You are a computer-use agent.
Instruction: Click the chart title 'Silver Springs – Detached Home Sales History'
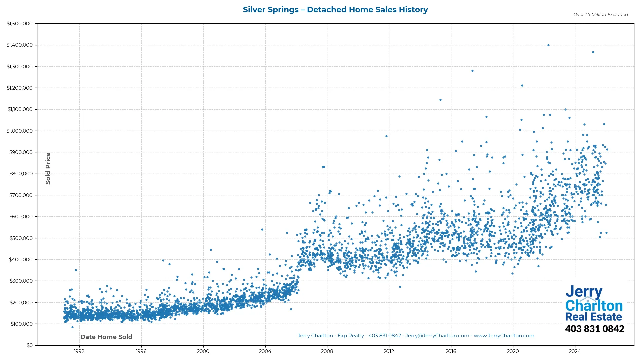tap(335, 10)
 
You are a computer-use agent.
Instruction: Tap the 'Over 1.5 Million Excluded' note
tap(600, 15)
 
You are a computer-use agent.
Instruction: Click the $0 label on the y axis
tap(30, 345)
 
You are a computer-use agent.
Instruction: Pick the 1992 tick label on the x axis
tap(79, 351)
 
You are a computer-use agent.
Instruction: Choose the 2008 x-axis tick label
tap(327, 351)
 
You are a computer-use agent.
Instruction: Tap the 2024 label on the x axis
tap(575, 351)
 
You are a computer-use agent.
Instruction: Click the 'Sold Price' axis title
tap(48, 168)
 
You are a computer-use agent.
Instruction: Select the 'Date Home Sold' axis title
tap(106, 337)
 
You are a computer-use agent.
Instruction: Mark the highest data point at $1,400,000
tap(548, 45)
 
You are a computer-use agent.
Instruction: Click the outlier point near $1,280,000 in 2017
tap(472, 71)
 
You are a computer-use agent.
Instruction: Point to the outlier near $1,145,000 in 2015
tap(440, 100)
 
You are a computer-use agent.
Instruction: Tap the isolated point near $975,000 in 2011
tap(386, 136)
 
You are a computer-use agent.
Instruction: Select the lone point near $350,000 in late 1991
tap(76, 270)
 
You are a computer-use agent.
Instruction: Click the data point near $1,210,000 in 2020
tap(522, 86)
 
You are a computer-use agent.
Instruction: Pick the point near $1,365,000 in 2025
tap(593, 52)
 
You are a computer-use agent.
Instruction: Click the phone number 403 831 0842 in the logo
tap(594, 329)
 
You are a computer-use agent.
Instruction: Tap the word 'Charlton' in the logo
tap(594, 306)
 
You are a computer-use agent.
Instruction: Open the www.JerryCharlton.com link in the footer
tap(504, 336)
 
